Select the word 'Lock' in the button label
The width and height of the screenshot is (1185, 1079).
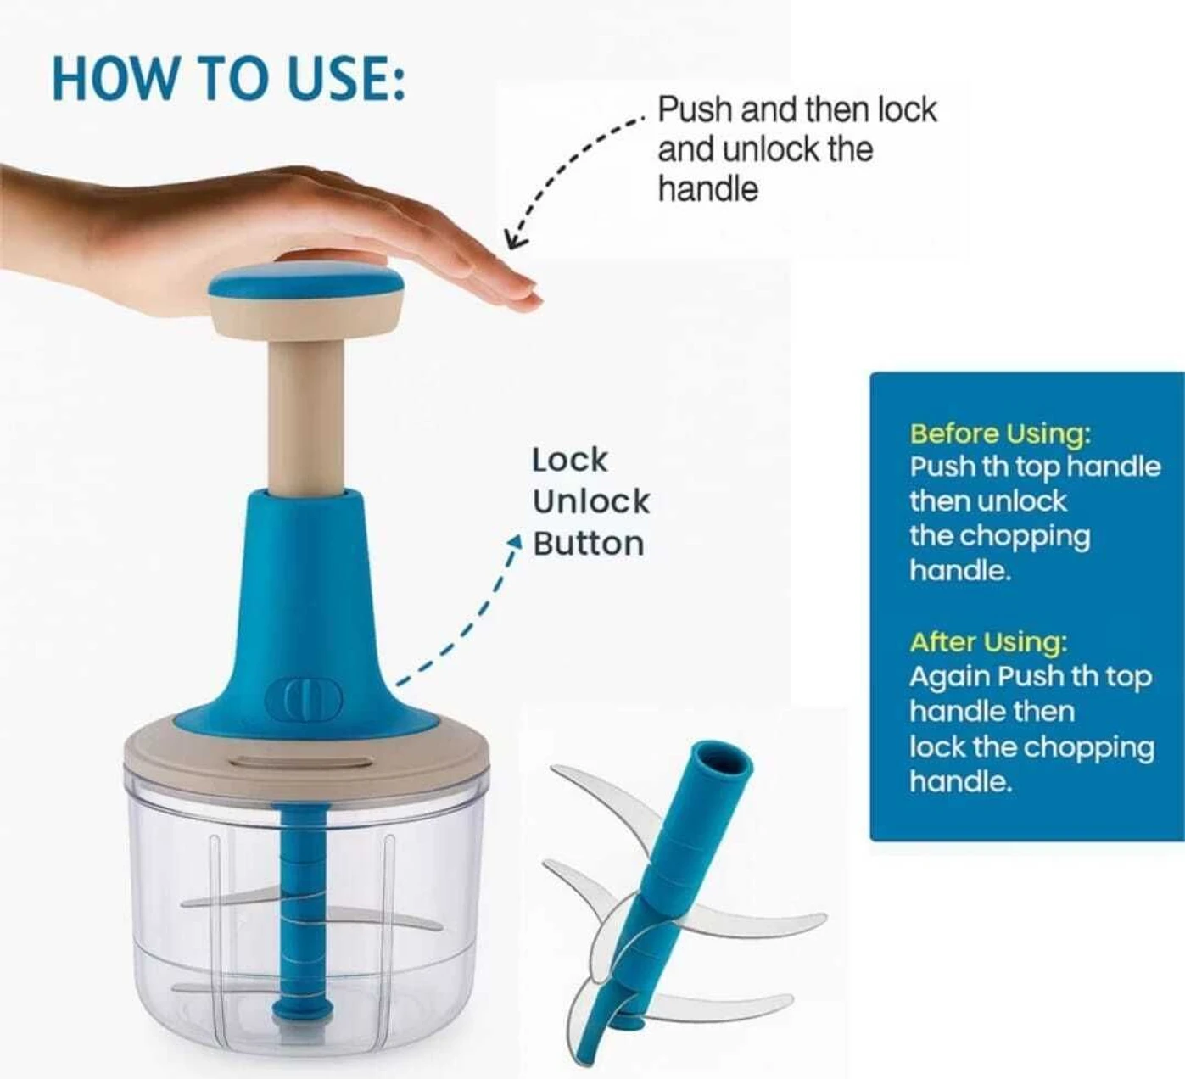[569, 461]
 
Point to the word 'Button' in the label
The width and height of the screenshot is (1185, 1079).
[589, 544]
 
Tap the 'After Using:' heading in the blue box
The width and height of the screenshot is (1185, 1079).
[988, 642]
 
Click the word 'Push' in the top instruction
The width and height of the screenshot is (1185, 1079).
[687, 110]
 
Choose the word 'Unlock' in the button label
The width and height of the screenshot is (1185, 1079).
[590, 502]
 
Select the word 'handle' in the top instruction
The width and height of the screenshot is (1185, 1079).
[707, 188]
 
